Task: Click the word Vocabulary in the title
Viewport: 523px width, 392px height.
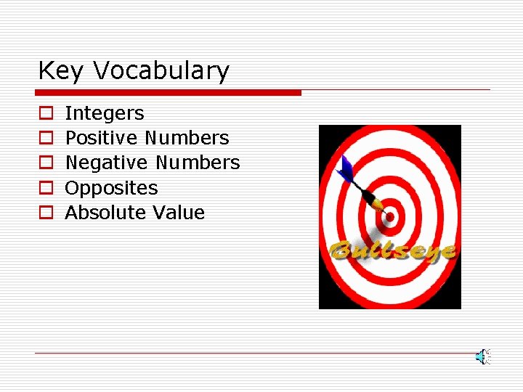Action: coord(161,71)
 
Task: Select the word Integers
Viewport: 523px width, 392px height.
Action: coord(105,113)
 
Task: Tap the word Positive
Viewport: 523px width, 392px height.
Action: coord(102,138)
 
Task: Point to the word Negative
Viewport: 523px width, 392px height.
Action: coord(108,163)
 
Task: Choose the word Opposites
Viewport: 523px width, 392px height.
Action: coord(111,188)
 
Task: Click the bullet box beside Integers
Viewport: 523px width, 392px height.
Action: coord(46,114)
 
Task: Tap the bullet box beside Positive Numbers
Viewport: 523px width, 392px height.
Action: coord(46,139)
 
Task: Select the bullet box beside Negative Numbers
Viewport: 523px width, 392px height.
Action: coord(46,163)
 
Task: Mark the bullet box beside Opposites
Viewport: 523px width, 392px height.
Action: coord(46,188)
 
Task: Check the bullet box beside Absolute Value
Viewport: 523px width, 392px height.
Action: coord(46,213)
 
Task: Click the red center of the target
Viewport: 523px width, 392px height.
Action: coord(390,216)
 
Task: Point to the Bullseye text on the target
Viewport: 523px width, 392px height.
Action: coord(392,250)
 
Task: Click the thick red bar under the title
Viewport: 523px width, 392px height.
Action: coord(168,93)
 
